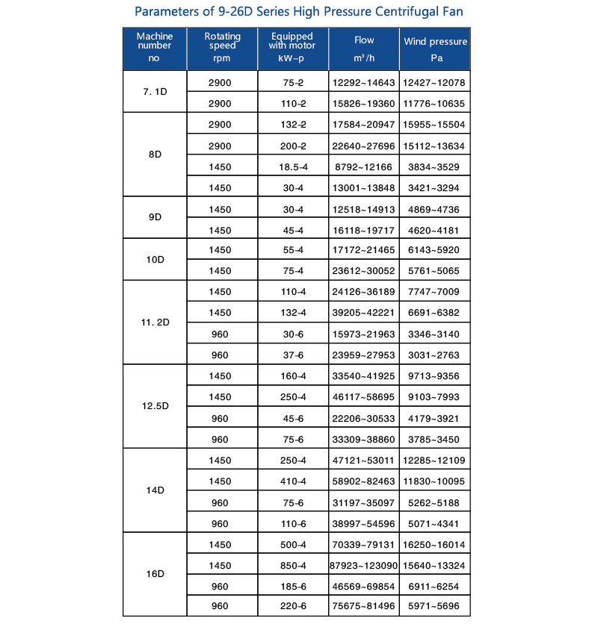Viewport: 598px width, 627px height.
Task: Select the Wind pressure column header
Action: click(x=436, y=49)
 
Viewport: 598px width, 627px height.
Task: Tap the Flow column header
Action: click(x=364, y=49)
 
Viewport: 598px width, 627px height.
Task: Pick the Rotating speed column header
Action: click(x=222, y=49)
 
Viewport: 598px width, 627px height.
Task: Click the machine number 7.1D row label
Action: click(x=155, y=91)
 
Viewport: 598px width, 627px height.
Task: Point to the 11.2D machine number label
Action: click(x=155, y=322)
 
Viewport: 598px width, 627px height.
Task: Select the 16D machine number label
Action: click(x=155, y=574)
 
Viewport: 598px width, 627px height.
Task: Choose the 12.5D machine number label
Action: click(x=155, y=406)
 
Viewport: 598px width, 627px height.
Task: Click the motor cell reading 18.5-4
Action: click(x=293, y=166)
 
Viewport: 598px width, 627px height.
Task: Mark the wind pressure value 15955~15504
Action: click(x=436, y=124)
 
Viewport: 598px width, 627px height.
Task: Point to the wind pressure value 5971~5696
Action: click(x=436, y=605)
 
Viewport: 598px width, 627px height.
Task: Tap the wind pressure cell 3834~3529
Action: click(x=436, y=166)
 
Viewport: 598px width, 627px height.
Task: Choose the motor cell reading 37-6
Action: click(x=293, y=355)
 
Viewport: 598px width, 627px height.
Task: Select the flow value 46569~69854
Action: click(x=364, y=584)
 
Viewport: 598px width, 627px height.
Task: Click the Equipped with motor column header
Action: click(x=292, y=49)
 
